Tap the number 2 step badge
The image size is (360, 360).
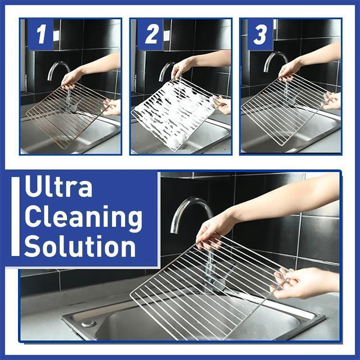coord(150,34)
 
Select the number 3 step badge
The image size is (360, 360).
coord(260,34)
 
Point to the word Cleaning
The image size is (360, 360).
coord(83,217)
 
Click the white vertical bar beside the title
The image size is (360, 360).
coord(16,217)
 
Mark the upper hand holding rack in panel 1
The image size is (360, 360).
coord(72,79)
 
